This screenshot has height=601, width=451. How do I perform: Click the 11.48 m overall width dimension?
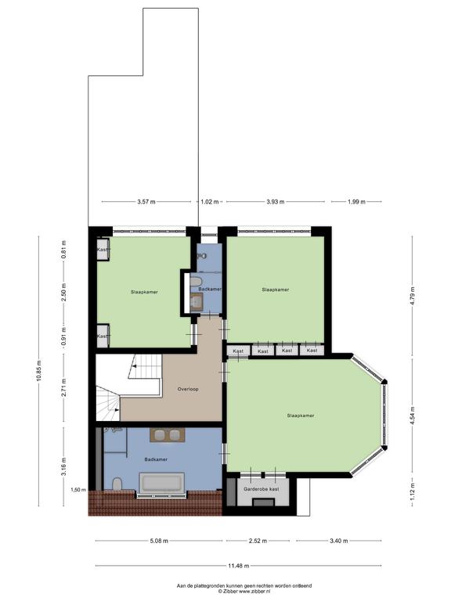239,565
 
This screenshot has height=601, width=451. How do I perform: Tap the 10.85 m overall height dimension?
38,372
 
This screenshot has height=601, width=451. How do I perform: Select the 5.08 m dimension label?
159,541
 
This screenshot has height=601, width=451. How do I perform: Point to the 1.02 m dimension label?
209,202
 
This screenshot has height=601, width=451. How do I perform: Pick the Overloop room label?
188,389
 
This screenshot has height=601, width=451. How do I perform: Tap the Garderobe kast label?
262,489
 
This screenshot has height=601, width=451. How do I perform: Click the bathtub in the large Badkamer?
161,483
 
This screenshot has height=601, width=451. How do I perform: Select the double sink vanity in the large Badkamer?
168,435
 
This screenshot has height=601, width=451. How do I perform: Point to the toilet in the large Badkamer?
117,484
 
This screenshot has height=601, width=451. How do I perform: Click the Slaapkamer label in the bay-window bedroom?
301,416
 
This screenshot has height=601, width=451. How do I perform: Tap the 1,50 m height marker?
78,489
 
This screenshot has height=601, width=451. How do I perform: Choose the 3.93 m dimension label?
276,202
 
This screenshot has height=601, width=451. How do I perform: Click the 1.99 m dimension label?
356,202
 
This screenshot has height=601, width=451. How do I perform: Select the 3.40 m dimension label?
338,541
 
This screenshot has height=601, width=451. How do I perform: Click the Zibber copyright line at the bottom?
244,592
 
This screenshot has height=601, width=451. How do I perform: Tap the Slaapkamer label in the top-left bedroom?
144,292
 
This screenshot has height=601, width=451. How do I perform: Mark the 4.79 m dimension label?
413,296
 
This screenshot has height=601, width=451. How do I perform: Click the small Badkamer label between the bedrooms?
210,290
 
